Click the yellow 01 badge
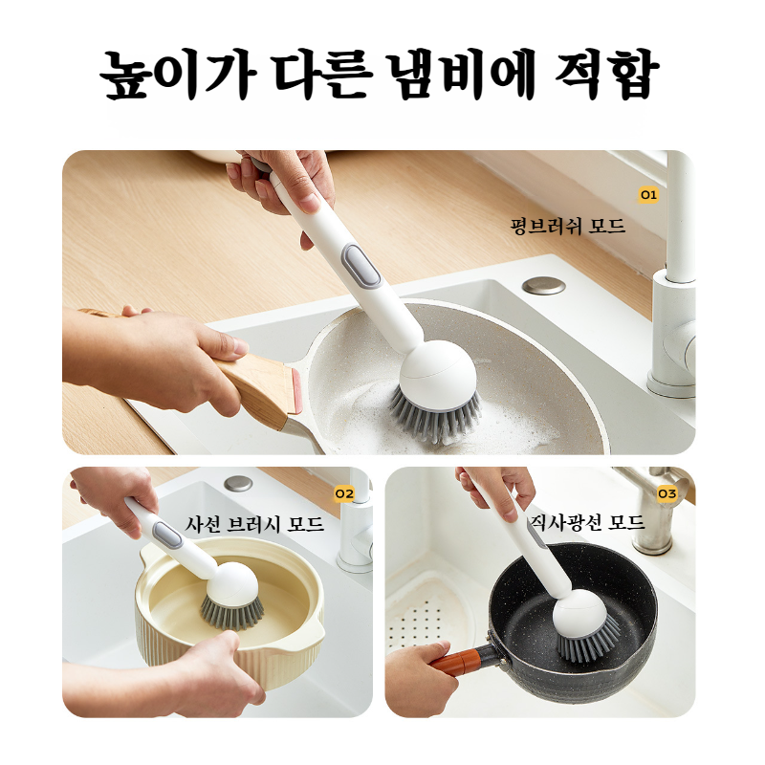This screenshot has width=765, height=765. [x=649, y=194]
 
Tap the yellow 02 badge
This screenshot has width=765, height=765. [x=344, y=493]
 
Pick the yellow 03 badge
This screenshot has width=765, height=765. [x=667, y=493]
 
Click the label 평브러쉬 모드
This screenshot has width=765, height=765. [x=568, y=227]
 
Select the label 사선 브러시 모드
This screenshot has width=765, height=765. [x=254, y=525]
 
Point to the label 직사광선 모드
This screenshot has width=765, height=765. [x=586, y=523]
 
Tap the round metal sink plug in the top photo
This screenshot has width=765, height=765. [x=544, y=285]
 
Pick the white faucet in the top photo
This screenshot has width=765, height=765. [x=675, y=287]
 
